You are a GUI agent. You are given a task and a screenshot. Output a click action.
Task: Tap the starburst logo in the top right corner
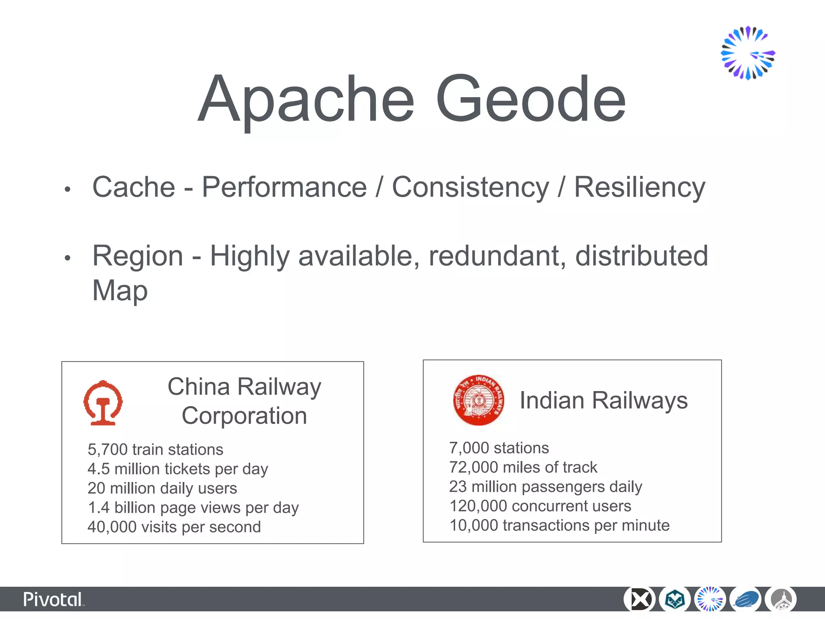pos(748,53)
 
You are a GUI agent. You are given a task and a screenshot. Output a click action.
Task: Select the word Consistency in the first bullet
pos(470,187)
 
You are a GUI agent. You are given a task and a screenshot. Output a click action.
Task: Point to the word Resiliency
pos(639,187)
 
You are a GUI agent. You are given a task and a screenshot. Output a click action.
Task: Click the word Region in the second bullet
pos(138,256)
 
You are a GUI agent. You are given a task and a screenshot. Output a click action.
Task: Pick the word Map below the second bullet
pos(120,290)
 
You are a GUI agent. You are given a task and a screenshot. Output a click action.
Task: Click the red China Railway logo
pos(103,403)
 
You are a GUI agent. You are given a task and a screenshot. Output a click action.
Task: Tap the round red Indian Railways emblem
pos(478,400)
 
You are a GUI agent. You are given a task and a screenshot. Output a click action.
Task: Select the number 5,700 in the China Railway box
pos(108,449)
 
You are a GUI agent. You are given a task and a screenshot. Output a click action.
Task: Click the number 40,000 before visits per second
pos(112,527)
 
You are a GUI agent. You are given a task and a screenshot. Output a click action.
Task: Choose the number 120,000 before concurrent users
pos(478,506)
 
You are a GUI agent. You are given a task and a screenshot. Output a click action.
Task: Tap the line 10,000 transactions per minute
pos(559,525)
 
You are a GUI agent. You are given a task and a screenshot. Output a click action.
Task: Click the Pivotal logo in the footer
pos(53,600)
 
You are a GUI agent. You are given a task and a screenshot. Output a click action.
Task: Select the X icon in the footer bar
pos(639,599)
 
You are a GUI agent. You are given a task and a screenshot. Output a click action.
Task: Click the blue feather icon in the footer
pos(745,599)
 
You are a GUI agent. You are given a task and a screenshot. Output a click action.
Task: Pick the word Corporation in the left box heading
pos(244,415)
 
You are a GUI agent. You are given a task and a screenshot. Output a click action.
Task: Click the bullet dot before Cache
pos(68,189)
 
